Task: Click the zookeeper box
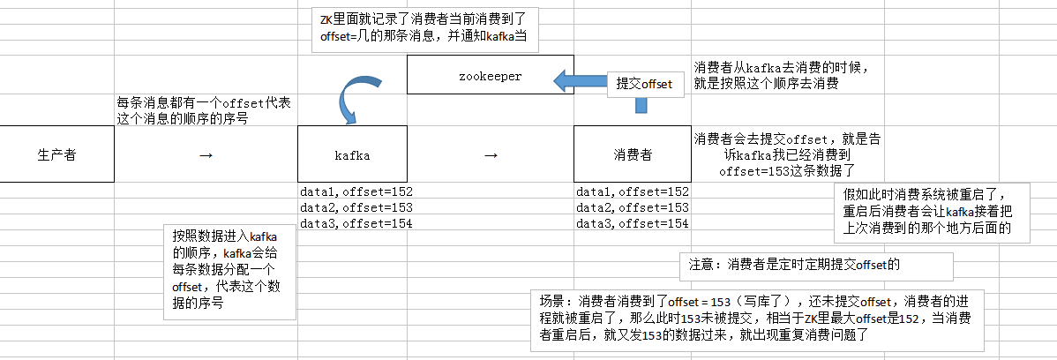[x=490, y=76]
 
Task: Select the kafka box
[x=352, y=154]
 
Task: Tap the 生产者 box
[x=56, y=154]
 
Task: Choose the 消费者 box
[x=632, y=154]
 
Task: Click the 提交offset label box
[x=645, y=84]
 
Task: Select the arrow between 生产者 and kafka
[x=206, y=155]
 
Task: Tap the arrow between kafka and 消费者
[x=491, y=155]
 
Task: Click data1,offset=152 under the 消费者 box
[x=632, y=191]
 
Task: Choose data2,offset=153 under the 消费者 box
[x=632, y=207]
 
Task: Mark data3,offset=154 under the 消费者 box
[x=632, y=223]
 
